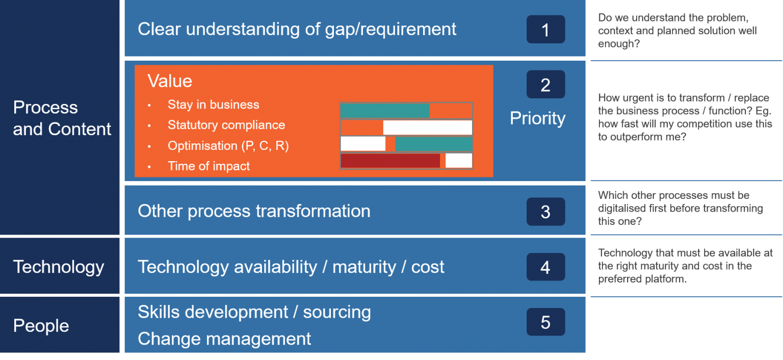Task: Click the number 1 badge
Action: point(545,30)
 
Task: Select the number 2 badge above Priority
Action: point(545,85)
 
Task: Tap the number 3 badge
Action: point(545,212)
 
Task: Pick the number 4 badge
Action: point(545,267)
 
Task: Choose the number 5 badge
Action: point(545,322)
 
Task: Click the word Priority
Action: point(537,118)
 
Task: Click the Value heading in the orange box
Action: point(170,81)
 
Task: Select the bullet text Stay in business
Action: point(213,105)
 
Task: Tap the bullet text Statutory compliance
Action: point(226,125)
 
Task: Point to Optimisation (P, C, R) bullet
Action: point(228,146)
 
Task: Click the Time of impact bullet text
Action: point(208,166)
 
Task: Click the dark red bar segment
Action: point(390,161)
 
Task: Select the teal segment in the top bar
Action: point(385,111)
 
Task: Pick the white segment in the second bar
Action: point(427,127)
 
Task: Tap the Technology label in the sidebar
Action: point(59,267)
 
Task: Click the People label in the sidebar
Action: point(41,326)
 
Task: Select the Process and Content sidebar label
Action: point(62,118)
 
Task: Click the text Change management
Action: point(224,339)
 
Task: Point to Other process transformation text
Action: point(254,211)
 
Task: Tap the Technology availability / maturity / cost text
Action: point(291,267)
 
